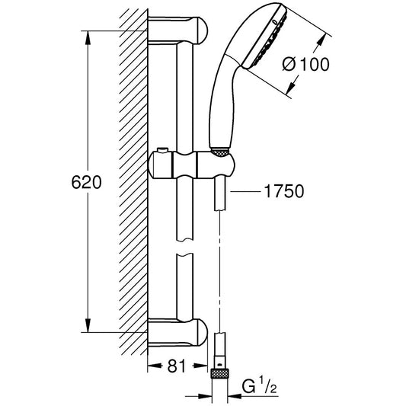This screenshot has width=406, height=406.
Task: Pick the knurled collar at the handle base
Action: point(220,150)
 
